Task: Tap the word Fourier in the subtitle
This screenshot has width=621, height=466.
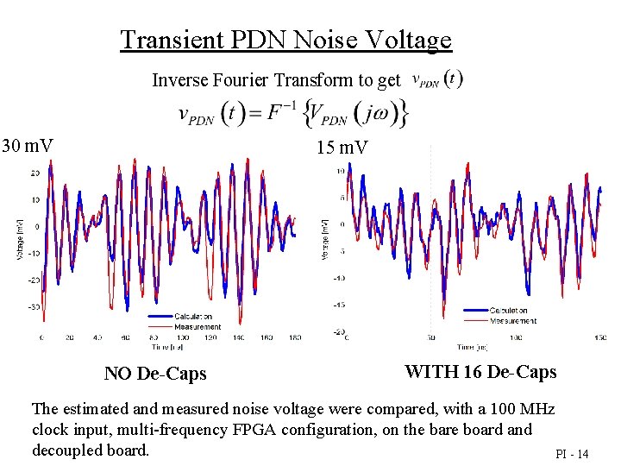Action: [238, 80]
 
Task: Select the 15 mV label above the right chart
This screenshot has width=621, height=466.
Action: [342, 148]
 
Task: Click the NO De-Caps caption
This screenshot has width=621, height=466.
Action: [155, 374]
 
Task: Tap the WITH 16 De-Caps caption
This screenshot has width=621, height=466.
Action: [480, 372]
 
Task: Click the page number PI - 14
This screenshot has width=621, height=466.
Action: [572, 454]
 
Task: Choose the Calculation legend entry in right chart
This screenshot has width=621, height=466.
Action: [509, 311]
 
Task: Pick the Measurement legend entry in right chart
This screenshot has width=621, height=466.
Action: [511, 321]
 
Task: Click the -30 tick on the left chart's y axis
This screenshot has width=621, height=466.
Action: [34, 307]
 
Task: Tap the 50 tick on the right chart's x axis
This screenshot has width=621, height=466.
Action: [430, 337]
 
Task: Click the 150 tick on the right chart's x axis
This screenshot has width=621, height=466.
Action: [600, 337]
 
